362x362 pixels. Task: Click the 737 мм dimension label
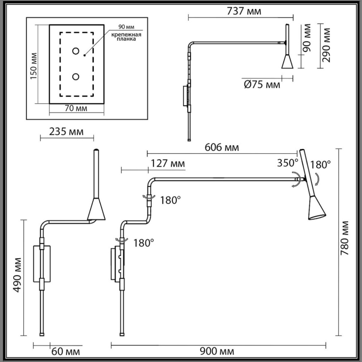coord(244,11)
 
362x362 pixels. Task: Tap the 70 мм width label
coord(76,108)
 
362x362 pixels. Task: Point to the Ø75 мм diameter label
coord(262,84)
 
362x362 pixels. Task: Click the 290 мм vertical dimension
coord(327,42)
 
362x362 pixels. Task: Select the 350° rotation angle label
coord(288,162)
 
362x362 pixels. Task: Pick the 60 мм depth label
coord(66,352)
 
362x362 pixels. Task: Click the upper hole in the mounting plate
coord(76,51)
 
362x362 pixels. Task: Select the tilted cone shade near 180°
coord(317,209)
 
